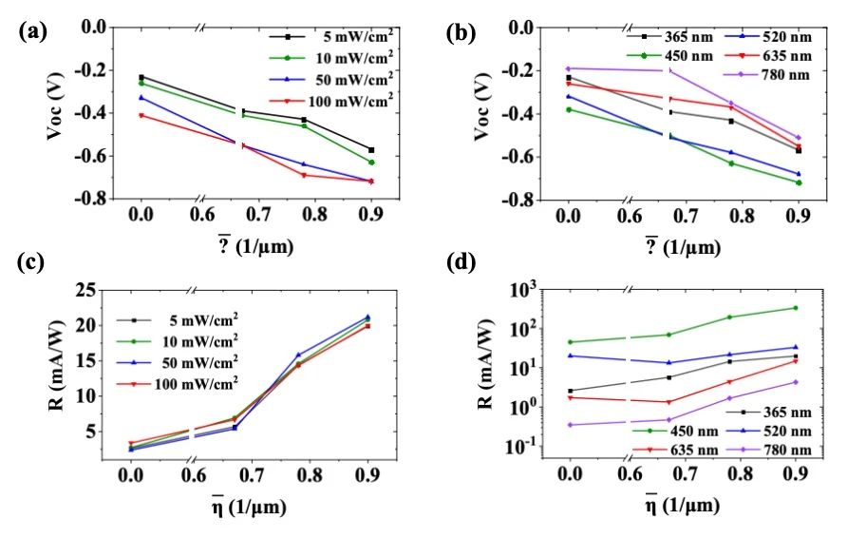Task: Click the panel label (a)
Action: (x=28, y=29)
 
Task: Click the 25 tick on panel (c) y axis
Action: (x=87, y=290)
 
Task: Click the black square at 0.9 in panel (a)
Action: (x=371, y=150)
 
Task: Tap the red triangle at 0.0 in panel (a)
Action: (x=141, y=115)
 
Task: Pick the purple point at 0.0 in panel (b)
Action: (x=568, y=68)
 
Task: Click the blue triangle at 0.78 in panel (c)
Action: (x=298, y=355)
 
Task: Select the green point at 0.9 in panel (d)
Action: (x=796, y=308)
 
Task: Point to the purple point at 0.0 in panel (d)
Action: (x=569, y=425)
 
